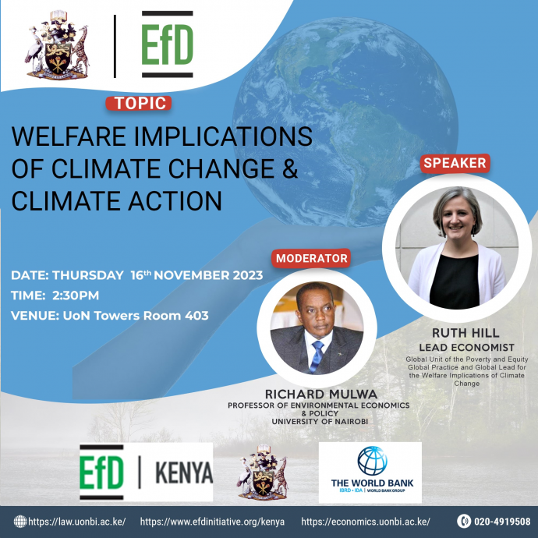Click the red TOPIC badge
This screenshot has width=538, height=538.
pos(138,103)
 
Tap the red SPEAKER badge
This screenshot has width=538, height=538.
pos(455,163)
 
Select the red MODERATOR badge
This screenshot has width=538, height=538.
pos(311,258)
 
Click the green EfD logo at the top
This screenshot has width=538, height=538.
pos(167,46)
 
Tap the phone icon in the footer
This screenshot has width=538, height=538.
pos(465,522)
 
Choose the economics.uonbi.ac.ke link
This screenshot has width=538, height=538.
pos(365,522)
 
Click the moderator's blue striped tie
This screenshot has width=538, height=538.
pos(316,355)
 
